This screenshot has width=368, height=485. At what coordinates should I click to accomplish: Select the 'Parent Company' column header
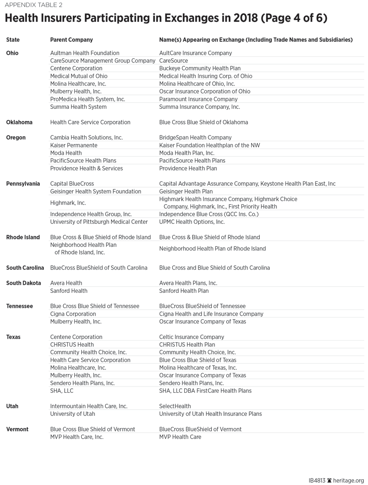click(x=71, y=40)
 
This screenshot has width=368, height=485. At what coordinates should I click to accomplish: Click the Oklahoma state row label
click(x=19, y=122)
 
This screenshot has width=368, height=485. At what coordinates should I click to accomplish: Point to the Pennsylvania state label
click(x=23, y=184)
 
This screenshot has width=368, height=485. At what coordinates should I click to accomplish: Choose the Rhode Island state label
click(x=23, y=237)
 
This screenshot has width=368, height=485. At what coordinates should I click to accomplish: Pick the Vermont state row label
click(x=17, y=429)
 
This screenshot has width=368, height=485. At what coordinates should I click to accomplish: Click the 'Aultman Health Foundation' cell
click(x=85, y=53)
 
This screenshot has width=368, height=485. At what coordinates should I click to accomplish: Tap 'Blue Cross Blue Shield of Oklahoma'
click(x=203, y=122)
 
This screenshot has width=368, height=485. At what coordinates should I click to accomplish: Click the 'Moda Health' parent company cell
click(x=66, y=153)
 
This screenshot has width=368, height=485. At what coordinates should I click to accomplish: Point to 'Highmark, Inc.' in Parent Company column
click(x=68, y=203)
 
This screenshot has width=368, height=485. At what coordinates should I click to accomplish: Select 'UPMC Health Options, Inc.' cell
click(x=192, y=222)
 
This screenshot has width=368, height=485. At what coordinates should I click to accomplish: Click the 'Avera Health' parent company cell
click(x=66, y=283)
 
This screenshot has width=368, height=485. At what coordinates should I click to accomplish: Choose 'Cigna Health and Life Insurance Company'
click(x=211, y=314)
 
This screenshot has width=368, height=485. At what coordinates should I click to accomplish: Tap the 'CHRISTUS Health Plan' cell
click(x=187, y=345)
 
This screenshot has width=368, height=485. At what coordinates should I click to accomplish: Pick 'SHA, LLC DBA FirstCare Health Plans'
click(x=205, y=390)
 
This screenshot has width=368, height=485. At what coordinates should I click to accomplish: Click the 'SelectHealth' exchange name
click(x=175, y=406)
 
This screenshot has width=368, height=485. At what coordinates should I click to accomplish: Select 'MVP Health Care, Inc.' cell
click(x=77, y=437)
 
